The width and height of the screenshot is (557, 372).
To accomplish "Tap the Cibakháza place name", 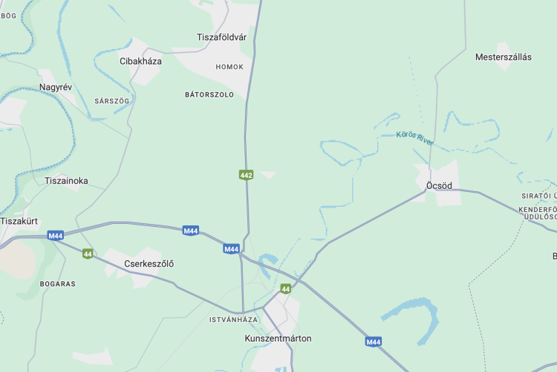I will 140,61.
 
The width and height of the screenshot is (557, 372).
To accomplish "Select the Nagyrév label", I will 56,87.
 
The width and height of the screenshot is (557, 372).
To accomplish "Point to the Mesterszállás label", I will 504,57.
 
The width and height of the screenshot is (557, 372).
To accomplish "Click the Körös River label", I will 414,138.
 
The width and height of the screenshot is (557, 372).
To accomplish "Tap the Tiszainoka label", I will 66,181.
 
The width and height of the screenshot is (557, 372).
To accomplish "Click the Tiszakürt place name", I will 19,221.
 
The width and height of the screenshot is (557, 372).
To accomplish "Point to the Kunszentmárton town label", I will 278,339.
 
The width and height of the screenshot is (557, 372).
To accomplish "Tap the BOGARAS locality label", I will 58,283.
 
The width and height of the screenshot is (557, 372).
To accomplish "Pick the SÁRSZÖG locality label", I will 112,100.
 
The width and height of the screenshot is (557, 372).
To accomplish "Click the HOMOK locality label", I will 229,67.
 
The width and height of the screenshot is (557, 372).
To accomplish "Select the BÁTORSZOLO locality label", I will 209,94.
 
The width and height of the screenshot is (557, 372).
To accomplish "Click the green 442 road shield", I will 247,175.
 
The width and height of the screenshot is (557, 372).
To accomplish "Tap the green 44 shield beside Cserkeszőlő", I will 88,254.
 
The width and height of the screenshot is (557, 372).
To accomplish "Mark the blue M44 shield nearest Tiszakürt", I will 55,236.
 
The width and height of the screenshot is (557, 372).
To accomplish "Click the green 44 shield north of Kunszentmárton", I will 285,288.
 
